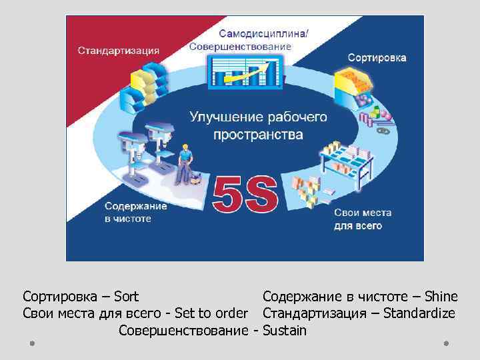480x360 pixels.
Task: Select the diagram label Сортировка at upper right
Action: click(377, 58)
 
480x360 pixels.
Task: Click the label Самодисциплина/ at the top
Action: click(264, 34)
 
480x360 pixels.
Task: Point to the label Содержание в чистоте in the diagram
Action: click(135, 212)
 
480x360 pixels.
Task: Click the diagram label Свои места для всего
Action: click(363, 219)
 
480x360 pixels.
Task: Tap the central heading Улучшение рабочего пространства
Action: click(258, 125)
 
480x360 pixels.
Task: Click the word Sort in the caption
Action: click(126, 296)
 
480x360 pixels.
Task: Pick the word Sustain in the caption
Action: click(285, 330)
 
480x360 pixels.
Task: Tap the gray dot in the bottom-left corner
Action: click(31, 343)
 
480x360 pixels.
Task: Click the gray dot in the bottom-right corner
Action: click(446, 343)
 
